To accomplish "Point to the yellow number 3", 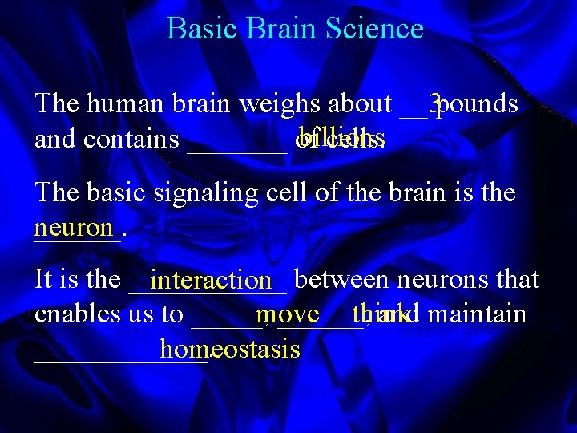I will pos(435,103).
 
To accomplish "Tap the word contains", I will pos(131,140).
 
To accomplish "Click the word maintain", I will pos(478,314).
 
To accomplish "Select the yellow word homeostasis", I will pos(230,349).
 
